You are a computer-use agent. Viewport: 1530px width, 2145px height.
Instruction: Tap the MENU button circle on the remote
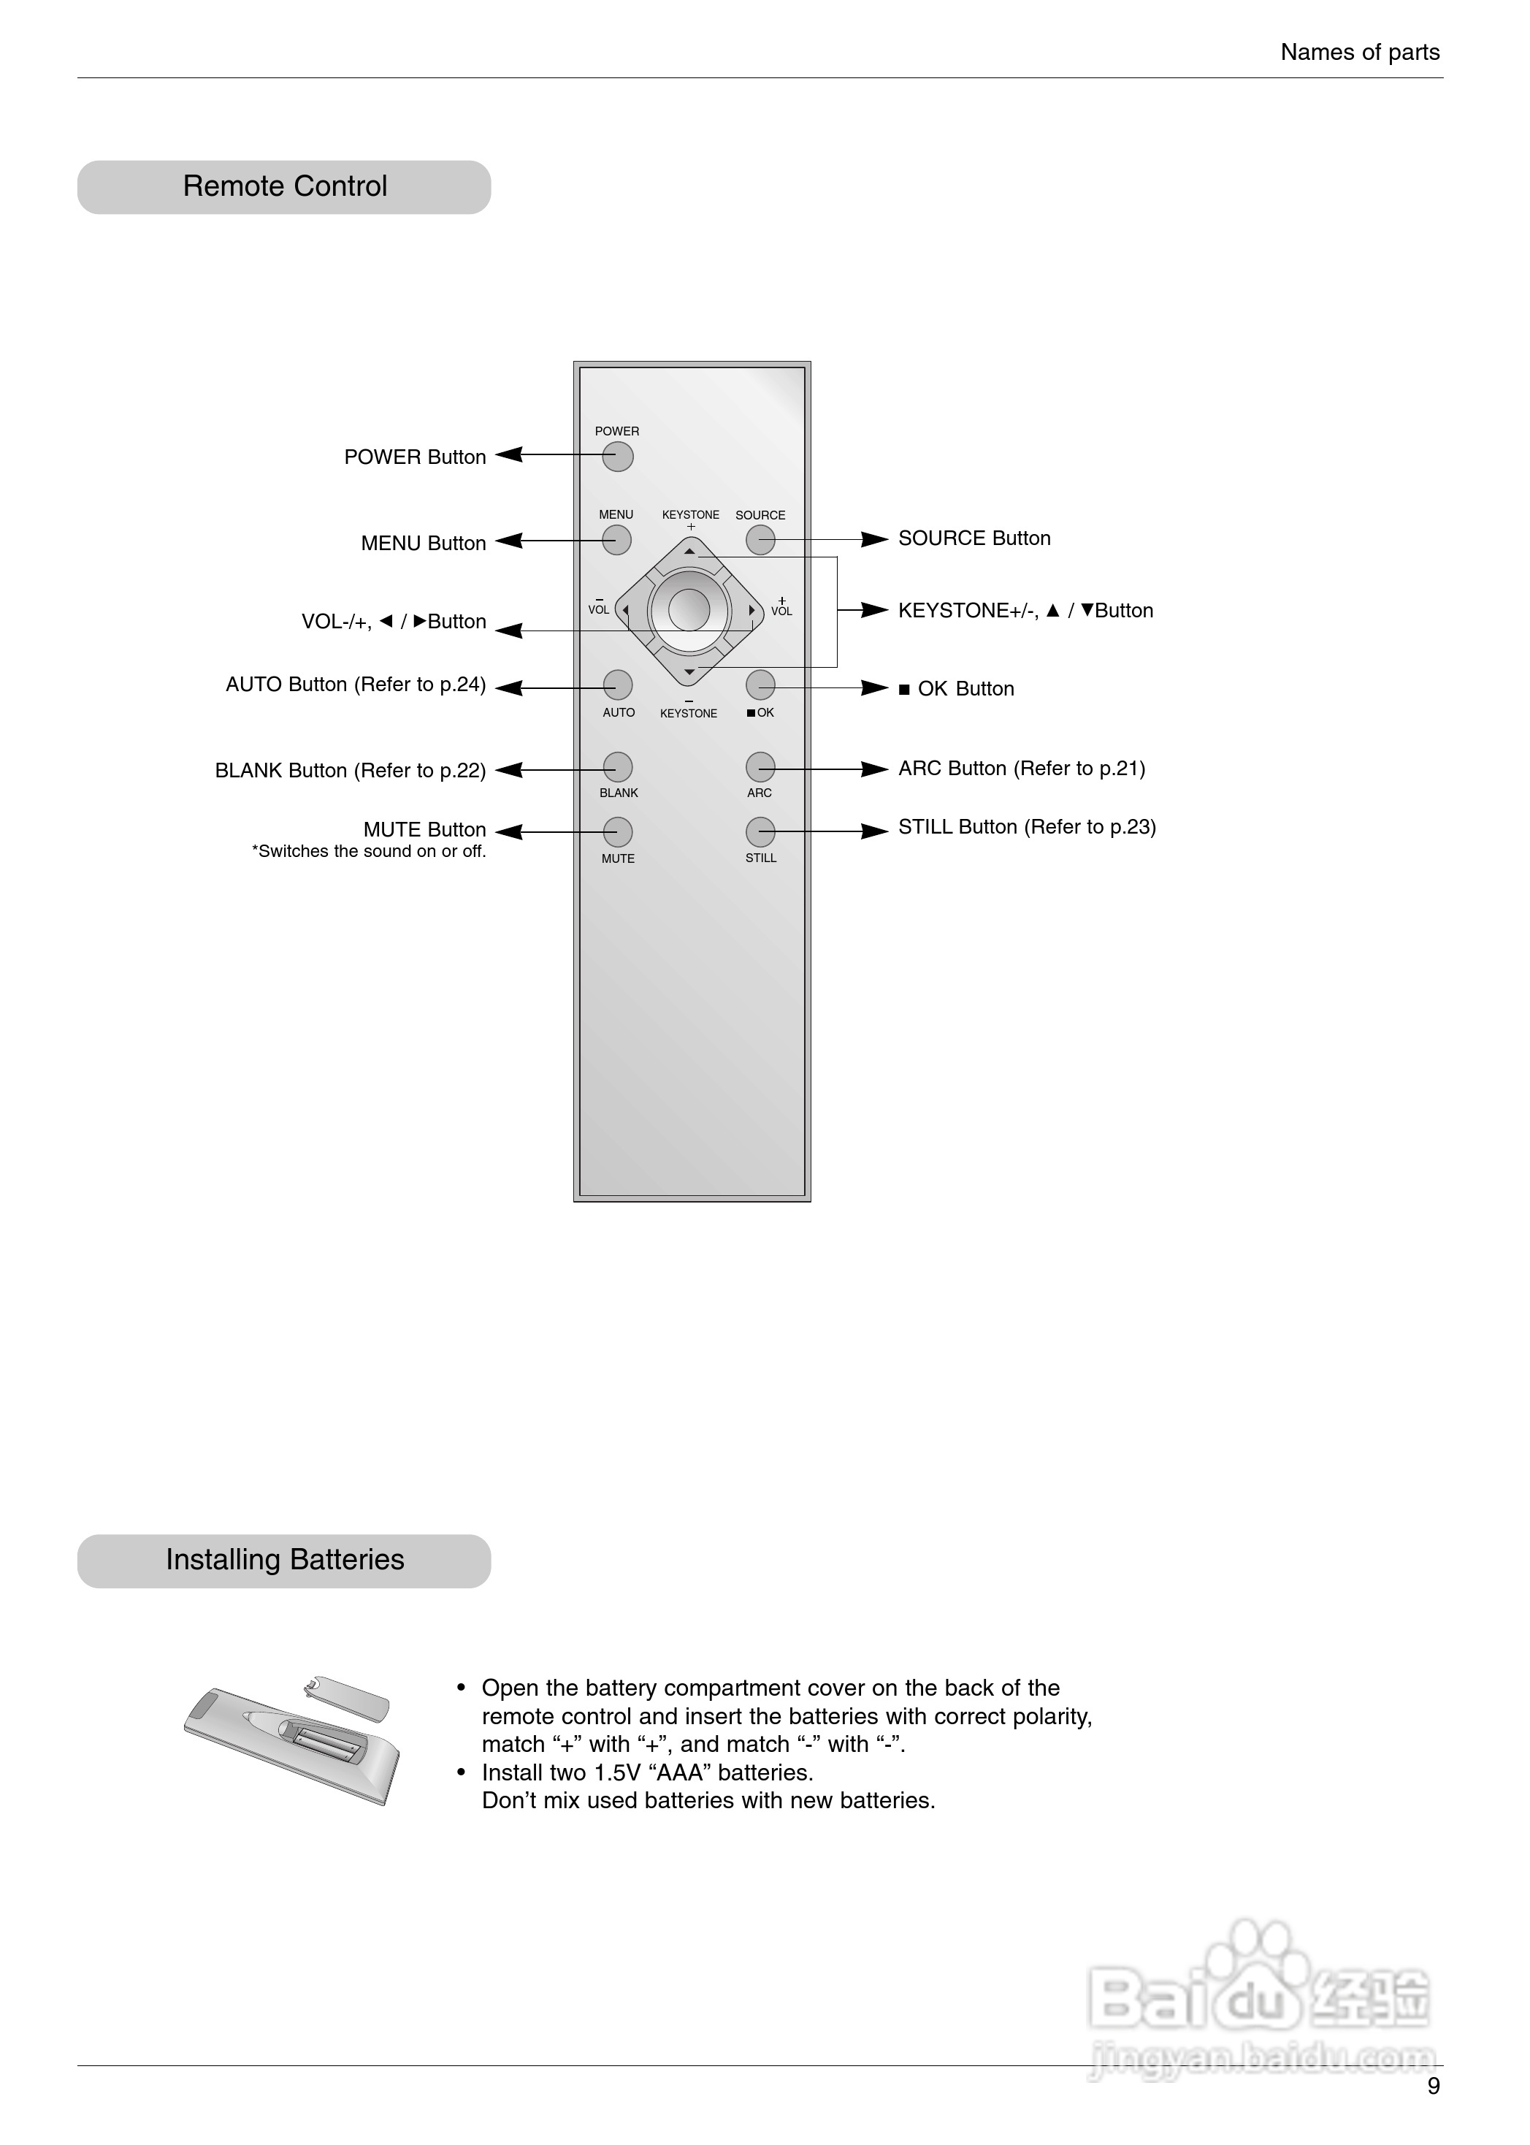tap(616, 540)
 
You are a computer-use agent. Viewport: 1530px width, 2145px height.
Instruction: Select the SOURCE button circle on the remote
tap(760, 540)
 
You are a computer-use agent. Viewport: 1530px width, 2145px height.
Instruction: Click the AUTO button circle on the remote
tap(617, 685)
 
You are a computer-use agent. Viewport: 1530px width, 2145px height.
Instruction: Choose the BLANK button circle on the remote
tap(617, 767)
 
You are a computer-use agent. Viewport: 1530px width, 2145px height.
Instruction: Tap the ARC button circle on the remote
tap(760, 767)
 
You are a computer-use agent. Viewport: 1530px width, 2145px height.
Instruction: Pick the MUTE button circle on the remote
tap(617, 832)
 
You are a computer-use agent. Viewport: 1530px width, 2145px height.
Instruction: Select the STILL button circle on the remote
tap(760, 832)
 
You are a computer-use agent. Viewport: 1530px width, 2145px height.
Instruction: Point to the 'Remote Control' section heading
tap(285, 186)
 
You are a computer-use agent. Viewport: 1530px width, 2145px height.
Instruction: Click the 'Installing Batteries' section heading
tap(285, 1560)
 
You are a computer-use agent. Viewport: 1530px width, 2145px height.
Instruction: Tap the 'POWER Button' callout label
tap(415, 457)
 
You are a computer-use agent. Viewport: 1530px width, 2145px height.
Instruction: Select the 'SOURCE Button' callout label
tap(974, 538)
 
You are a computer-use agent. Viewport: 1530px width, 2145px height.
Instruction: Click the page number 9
tap(1433, 2087)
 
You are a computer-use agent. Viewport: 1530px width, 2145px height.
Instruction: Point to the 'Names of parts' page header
tap(1360, 53)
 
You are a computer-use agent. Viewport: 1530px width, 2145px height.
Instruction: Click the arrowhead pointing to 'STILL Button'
tap(875, 831)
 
